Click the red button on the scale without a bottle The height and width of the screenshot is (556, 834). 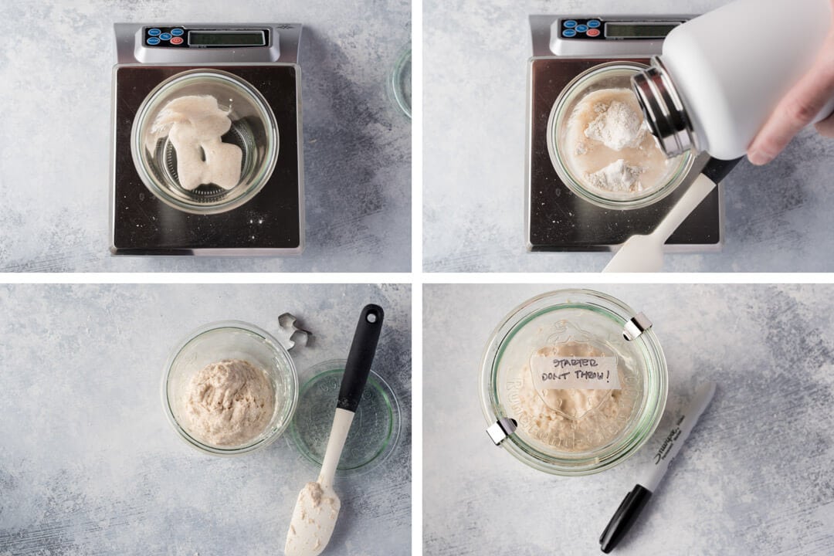(x=177, y=39)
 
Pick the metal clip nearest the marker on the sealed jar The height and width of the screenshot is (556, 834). (x=500, y=430)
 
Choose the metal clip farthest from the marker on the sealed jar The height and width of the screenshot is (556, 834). (x=637, y=325)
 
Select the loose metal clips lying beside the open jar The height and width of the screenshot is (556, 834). (x=294, y=330)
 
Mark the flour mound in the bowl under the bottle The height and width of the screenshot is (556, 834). (x=615, y=124)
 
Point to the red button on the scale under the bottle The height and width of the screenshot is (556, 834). (x=593, y=32)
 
